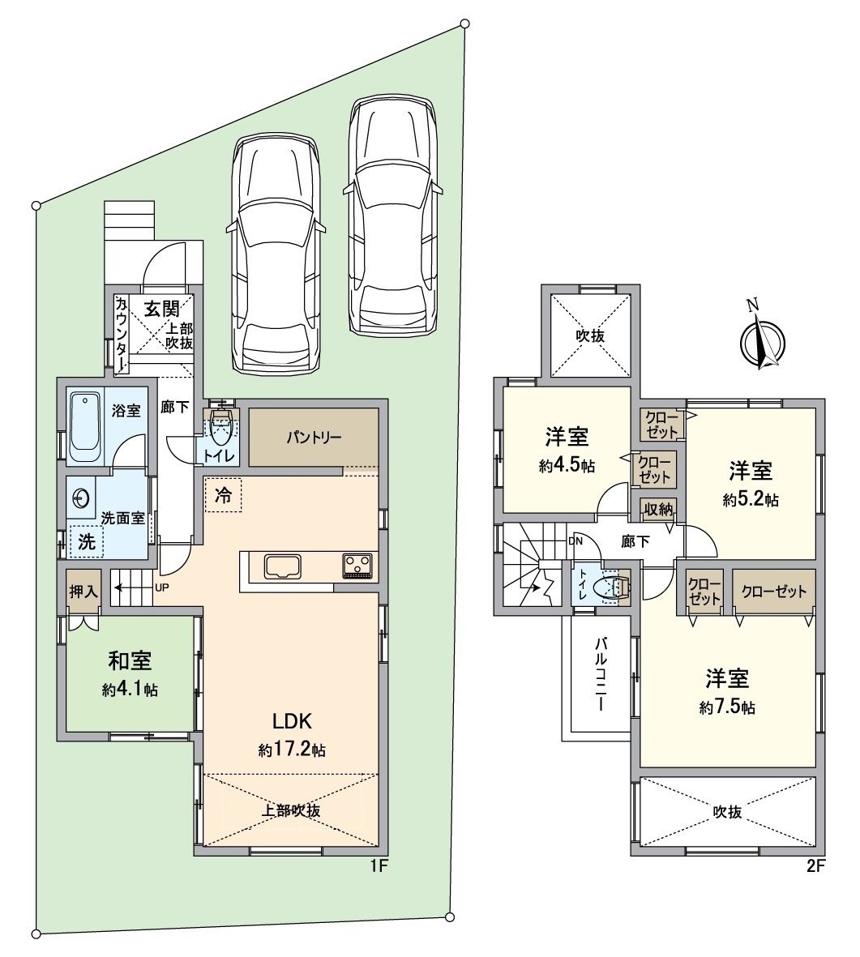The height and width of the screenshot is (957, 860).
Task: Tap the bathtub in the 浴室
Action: (85, 428)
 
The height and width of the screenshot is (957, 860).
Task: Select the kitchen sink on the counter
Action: (282, 567)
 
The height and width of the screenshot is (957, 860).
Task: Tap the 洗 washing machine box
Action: (86, 541)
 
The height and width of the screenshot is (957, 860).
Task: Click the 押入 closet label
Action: (83, 592)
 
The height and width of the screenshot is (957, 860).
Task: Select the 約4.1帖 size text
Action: (130, 690)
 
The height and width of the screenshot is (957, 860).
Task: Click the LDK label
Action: (292, 721)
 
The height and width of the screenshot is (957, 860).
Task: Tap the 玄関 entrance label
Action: (161, 309)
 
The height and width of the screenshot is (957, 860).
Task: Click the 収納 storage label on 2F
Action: (658, 509)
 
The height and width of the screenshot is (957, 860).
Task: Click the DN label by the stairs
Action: (575, 540)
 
